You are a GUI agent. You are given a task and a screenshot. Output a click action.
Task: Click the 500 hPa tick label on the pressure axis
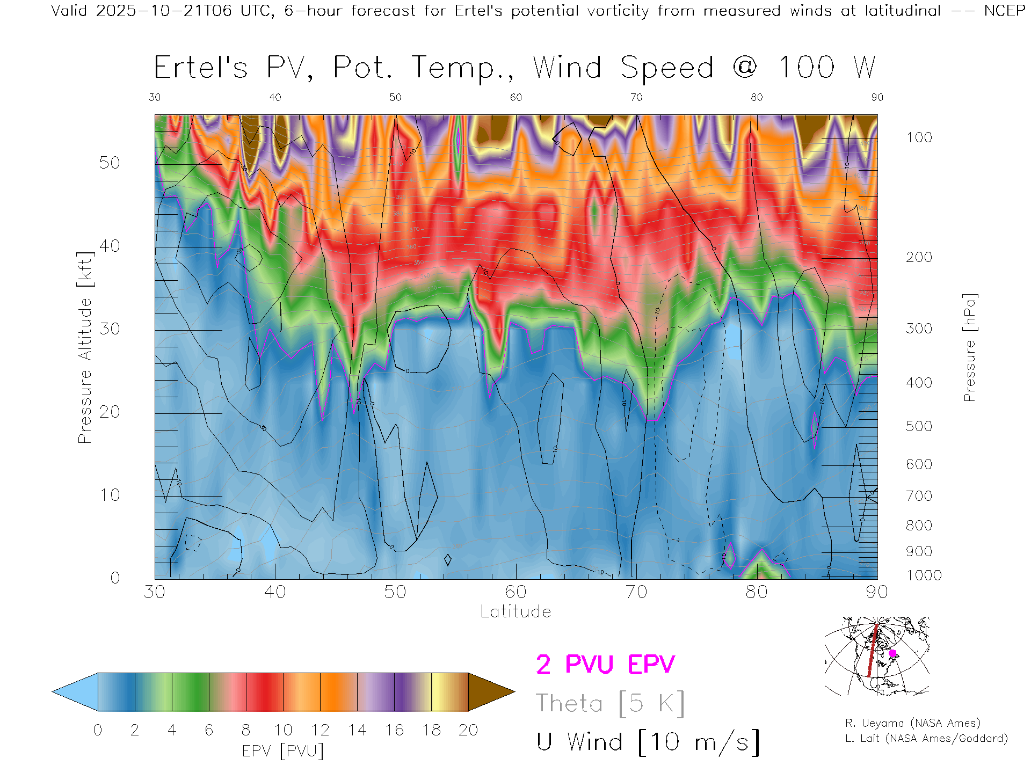[x=919, y=426]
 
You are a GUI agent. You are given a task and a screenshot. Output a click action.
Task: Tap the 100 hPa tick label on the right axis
[x=919, y=137]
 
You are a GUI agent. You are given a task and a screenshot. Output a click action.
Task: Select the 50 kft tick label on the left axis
[x=109, y=163]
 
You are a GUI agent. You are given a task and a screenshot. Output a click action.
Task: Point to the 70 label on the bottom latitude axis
[x=636, y=592]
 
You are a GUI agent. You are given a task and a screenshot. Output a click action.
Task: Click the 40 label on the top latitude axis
[x=275, y=97]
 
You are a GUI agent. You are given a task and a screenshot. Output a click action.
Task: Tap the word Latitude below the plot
[x=515, y=611]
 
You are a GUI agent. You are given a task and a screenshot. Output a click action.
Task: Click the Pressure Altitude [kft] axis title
[x=85, y=347]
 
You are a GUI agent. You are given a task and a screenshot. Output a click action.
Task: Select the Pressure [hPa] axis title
[x=969, y=347]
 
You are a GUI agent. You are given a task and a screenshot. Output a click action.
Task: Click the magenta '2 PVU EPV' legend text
[x=605, y=665]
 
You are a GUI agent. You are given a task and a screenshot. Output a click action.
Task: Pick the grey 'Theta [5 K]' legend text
[x=610, y=703]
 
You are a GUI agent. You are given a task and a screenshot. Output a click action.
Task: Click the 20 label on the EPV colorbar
[x=468, y=730]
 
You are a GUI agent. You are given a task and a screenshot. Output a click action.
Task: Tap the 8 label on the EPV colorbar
[x=246, y=730]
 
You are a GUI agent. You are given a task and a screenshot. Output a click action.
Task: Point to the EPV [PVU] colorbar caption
[x=283, y=751]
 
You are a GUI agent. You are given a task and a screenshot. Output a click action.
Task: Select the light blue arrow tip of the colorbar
[x=72, y=692]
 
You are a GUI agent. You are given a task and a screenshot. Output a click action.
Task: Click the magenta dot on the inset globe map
[x=892, y=653]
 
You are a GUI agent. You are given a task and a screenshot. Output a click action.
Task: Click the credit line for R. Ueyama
[x=912, y=723]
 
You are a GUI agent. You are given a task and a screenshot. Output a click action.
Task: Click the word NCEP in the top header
[x=1004, y=11]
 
